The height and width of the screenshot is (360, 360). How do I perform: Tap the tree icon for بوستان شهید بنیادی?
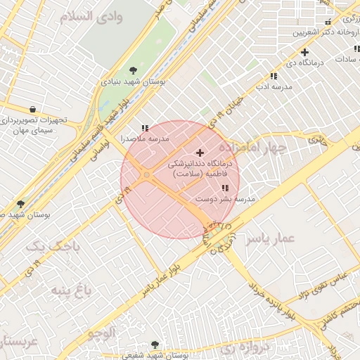point(133,70)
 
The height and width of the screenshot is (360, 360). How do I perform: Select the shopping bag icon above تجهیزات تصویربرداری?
point(33,109)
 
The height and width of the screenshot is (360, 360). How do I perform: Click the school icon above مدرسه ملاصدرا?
point(145,128)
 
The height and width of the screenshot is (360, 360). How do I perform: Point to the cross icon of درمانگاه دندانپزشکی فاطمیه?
point(200,153)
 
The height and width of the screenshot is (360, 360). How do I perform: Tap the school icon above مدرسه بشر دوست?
point(225,188)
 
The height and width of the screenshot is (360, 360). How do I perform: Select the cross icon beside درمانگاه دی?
point(304,52)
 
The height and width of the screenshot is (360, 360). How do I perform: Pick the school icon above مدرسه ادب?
point(274,76)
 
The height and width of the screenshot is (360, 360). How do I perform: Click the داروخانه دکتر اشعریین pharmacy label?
point(315,32)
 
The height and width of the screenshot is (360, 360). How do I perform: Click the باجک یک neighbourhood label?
point(49,246)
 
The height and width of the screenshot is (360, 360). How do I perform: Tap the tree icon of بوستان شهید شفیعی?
point(136,356)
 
